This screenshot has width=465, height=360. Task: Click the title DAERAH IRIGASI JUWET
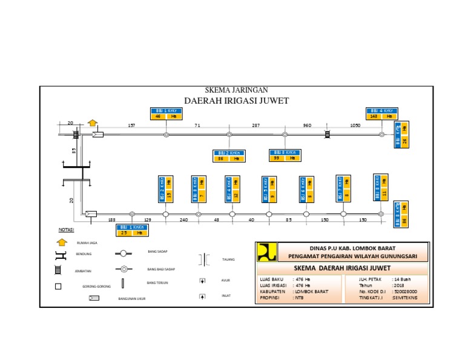[236, 100]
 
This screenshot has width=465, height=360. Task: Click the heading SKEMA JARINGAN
[236, 90]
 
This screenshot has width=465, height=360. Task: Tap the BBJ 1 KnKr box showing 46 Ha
[165, 113]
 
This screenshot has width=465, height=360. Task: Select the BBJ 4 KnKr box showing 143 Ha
[381, 113]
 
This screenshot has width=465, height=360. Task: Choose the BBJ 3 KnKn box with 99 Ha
[285, 155]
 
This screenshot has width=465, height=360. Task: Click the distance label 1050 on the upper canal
[355, 125]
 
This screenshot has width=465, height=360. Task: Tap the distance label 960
[307, 125]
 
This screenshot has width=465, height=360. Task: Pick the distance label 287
[256, 125]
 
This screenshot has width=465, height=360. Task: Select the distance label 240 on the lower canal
[183, 220]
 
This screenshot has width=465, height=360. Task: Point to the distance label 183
[111, 220]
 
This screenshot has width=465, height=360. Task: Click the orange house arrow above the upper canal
[92, 123]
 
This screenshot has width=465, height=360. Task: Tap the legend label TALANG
[228, 259]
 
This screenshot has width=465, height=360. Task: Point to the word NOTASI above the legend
[66, 230]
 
